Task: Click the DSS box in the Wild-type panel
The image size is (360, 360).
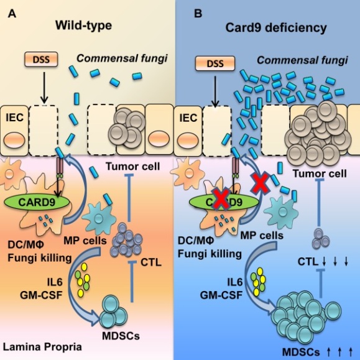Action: point(41,59)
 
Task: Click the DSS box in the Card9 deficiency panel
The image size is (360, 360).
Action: point(215,63)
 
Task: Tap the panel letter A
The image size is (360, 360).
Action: point(12,14)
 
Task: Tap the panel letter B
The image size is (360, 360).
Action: point(198,14)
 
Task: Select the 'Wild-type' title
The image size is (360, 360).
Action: point(83,25)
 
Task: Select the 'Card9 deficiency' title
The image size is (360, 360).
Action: point(276,28)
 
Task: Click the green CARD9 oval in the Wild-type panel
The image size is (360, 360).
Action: point(37,202)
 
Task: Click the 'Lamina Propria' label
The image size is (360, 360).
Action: point(42,347)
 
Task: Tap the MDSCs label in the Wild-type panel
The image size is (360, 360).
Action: point(121,336)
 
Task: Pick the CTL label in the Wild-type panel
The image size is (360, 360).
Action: point(151,262)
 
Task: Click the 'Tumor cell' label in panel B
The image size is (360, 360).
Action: point(320,173)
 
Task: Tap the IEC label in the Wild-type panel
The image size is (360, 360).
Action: point(15,118)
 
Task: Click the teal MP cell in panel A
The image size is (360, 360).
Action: point(99,218)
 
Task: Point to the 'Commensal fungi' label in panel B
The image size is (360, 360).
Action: point(302,60)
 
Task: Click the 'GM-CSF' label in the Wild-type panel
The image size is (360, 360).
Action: point(41,295)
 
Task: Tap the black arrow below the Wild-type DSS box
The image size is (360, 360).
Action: point(44,88)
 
